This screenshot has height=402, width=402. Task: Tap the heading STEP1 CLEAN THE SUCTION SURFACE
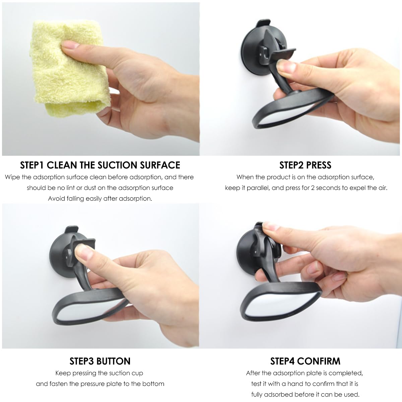tap(100, 165)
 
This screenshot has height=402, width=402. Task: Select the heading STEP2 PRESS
tap(305, 165)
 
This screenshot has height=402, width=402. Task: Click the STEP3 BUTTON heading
tap(100, 361)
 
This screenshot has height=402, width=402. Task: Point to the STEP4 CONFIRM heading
tap(305, 361)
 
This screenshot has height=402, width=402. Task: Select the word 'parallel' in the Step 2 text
tap(257, 188)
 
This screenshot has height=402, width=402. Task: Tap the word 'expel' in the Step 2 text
tap(358, 188)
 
